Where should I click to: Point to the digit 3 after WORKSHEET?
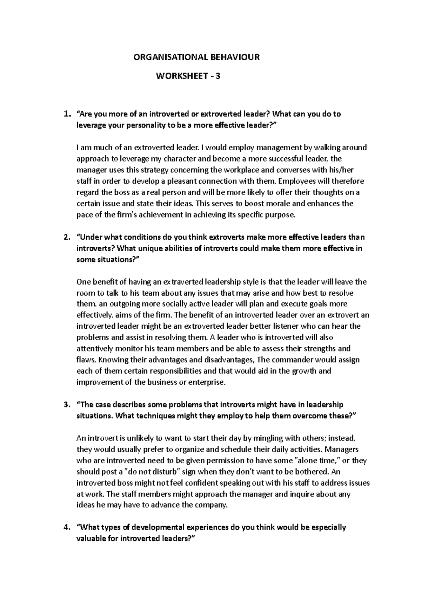point(218,76)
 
